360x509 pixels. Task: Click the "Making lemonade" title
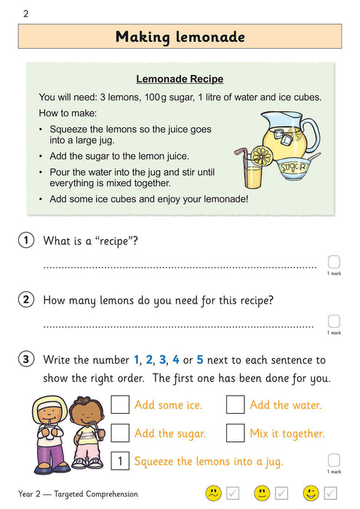coord(180,36)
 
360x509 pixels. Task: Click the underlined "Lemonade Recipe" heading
coord(180,79)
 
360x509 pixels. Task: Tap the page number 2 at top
coord(25,13)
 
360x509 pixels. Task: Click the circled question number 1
coord(27,241)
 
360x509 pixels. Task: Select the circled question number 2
coord(27,300)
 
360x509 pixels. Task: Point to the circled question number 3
coord(27,359)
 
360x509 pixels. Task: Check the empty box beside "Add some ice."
coord(120,405)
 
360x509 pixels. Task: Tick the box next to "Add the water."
coord(235,405)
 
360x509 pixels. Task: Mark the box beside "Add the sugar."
coord(120,433)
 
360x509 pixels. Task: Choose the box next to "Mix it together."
coord(235,433)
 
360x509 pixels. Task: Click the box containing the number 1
coord(120,461)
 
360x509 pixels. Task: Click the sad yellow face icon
coord(213,494)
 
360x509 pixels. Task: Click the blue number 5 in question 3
coord(200,360)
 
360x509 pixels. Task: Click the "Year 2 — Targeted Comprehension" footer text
coord(78,494)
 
